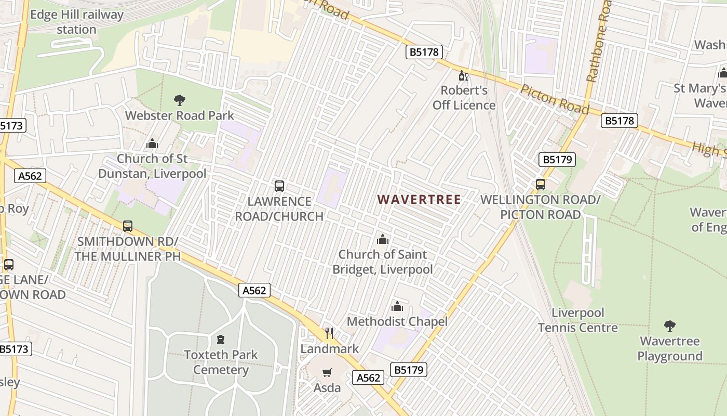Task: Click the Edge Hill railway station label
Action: [x=76, y=22]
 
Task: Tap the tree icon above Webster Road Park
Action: [x=180, y=100]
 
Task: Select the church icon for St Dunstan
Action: [x=152, y=143]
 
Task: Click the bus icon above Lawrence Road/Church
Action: [x=279, y=186]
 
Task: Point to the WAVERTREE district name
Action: [x=419, y=200]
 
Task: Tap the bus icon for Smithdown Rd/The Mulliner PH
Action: [x=128, y=226]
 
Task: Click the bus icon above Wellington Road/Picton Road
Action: [x=541, y=184]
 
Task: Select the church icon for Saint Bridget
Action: [x=383, y=239]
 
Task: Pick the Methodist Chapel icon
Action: [x=397, y=306]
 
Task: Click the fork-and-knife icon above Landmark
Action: [x=329, y=333]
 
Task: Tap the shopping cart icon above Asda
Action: [x=327, y=372]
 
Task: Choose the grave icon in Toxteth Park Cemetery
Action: [x=221, y=340]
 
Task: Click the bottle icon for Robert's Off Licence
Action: [x=463, y=76]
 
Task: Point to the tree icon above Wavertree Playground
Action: [x=670, y=326]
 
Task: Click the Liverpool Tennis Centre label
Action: [x=578, y=320]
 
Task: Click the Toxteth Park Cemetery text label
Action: [x=221, y=362]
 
